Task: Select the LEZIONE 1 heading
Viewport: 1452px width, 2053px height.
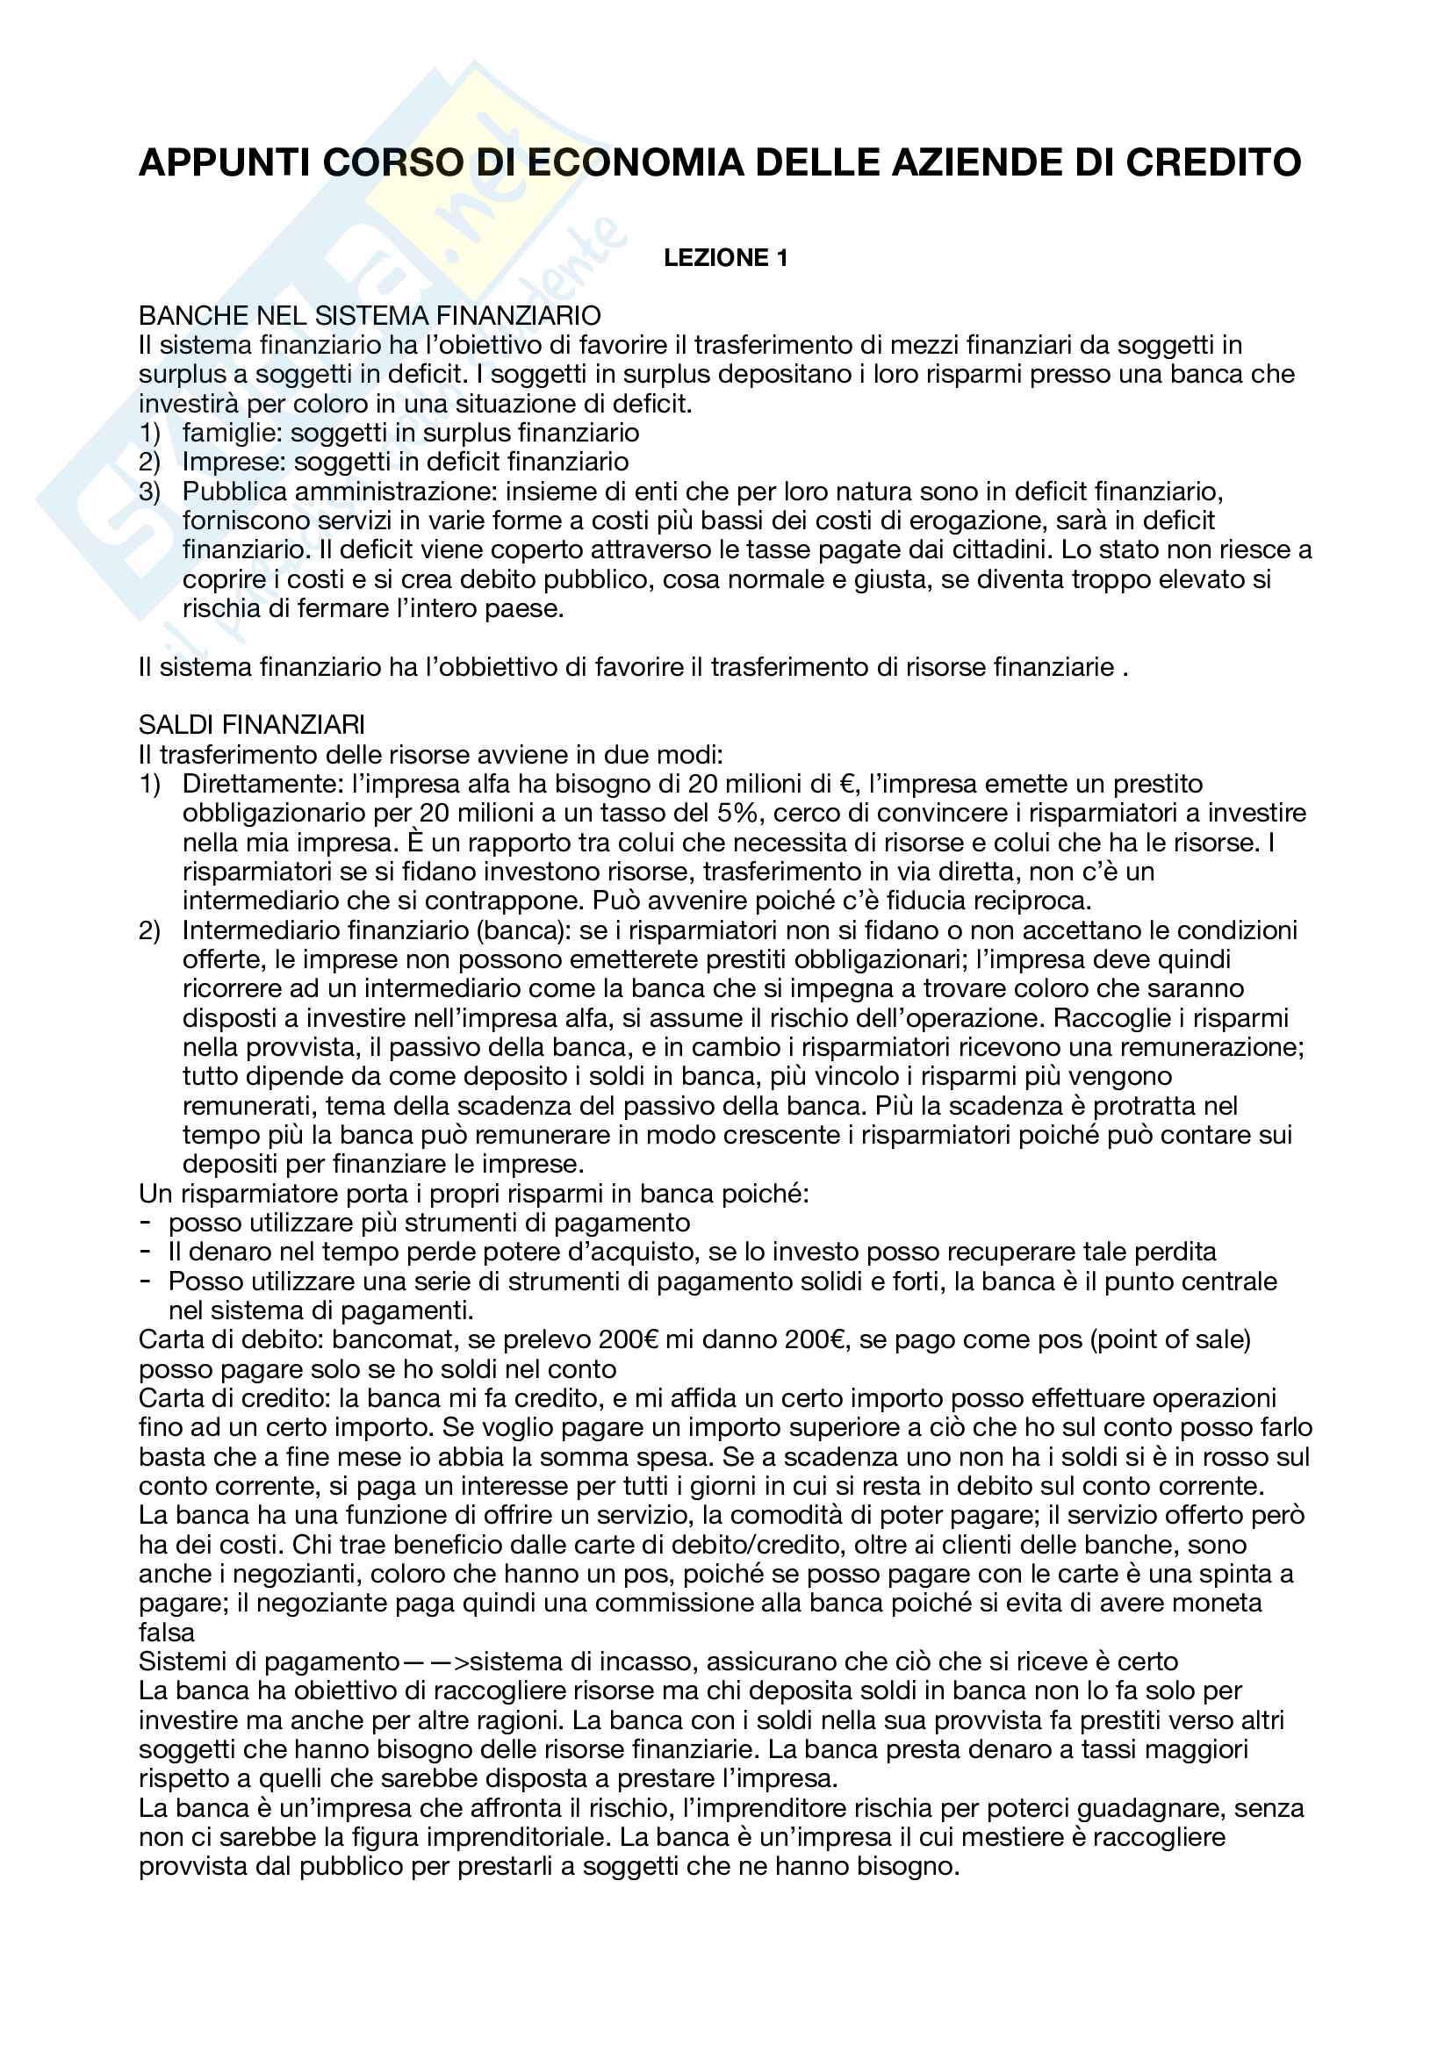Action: (725, 258)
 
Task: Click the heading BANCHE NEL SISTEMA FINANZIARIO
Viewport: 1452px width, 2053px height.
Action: (370, 316)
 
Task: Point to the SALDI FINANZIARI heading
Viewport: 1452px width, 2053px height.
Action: (251, 724)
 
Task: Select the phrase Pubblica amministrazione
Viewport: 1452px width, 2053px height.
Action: (340, 492)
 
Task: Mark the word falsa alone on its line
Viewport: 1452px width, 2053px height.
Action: (166, 1633)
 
